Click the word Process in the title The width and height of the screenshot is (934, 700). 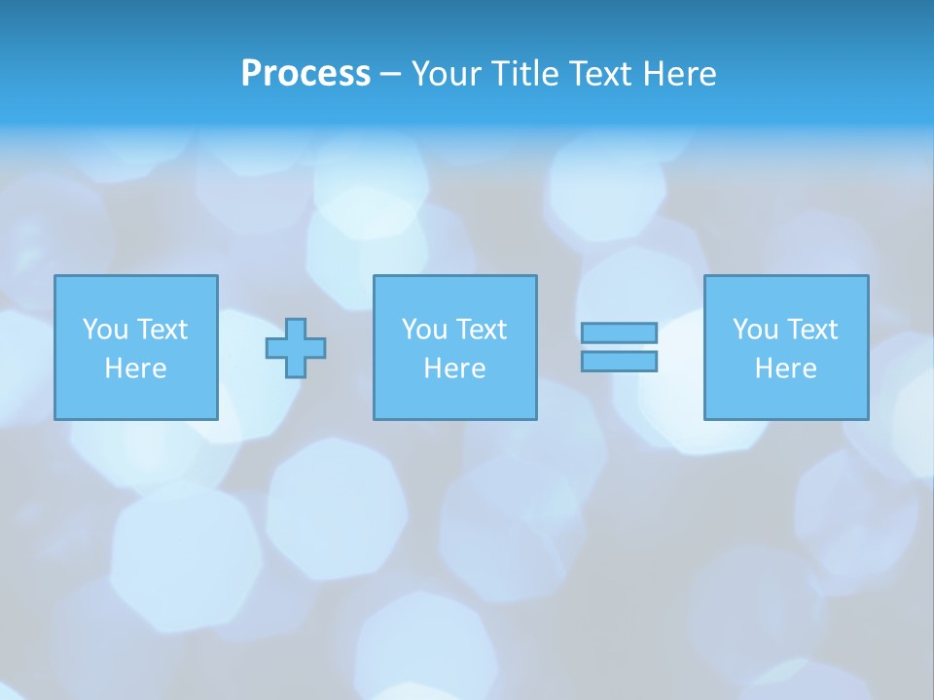pos(305,74)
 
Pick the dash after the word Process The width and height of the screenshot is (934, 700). pos(390,75)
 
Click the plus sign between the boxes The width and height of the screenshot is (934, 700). pos(296,348)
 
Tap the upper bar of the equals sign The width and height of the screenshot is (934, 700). pos(619,332)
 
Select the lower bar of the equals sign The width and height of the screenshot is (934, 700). pos(619,361)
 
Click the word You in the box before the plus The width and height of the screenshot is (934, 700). pos(105,330)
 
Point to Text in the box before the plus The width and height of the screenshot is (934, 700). pos(161,330)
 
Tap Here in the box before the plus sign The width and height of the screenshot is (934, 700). pos(135,368)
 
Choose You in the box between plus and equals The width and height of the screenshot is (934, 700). pos(424,330)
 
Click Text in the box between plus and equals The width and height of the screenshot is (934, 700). pos(480,330)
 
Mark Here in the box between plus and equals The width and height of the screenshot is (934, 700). pos(454,368)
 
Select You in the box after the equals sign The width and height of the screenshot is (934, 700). pos(755,330)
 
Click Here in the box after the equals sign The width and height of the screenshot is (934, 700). pos(785,368)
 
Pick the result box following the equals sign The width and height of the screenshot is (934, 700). pos(786,399)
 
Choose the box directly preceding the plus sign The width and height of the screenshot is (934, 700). pos(136,399)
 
